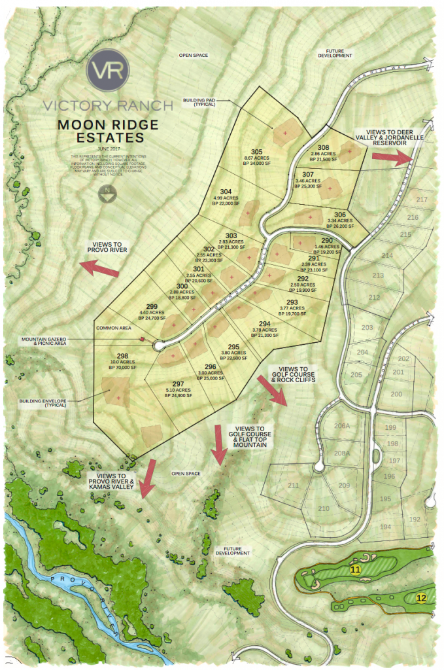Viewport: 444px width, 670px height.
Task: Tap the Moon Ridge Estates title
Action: [x=100, y=131]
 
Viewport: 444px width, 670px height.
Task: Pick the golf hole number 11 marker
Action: [x=355, y=571]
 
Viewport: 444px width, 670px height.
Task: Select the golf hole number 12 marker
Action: [x=421, y=597]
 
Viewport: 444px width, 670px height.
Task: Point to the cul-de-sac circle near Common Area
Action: [x=158, y=346]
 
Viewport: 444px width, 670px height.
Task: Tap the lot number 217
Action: [x=421, y=200]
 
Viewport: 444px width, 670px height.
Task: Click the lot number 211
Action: [x=293, y=485]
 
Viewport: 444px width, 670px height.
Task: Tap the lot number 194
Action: [x=385, y=527]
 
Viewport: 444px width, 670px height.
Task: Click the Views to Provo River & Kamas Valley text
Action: [x=115, y=481]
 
